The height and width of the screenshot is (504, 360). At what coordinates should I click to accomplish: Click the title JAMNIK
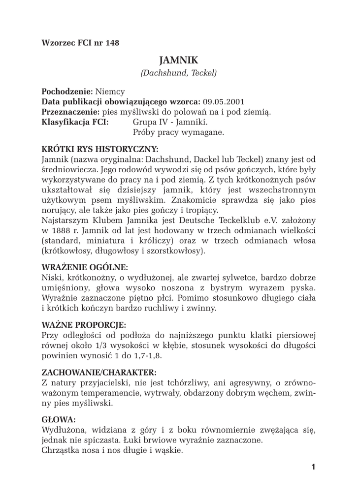click(x=179, y=60)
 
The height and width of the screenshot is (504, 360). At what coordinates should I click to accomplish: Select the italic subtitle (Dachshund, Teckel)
click(x=179, y=73)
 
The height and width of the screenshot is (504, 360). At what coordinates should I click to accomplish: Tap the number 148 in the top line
click(x=112, y=43)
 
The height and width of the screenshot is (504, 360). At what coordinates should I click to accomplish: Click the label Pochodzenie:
click(x=67, y=92)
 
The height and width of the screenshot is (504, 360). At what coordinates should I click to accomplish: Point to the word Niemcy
click(x=110, y=92)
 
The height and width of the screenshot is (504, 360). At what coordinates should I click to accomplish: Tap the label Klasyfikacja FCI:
click(x=75, y=122)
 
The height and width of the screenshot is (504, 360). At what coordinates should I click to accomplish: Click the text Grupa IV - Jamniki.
click(x=170, y=122)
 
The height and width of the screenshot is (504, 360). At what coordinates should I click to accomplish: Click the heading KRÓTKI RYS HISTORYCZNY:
click(x=100, y=148)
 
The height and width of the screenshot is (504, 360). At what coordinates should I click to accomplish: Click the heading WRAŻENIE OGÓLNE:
click(x=85, y=267)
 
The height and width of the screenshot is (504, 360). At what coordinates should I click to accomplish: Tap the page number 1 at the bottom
click(x=312, y=467)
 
